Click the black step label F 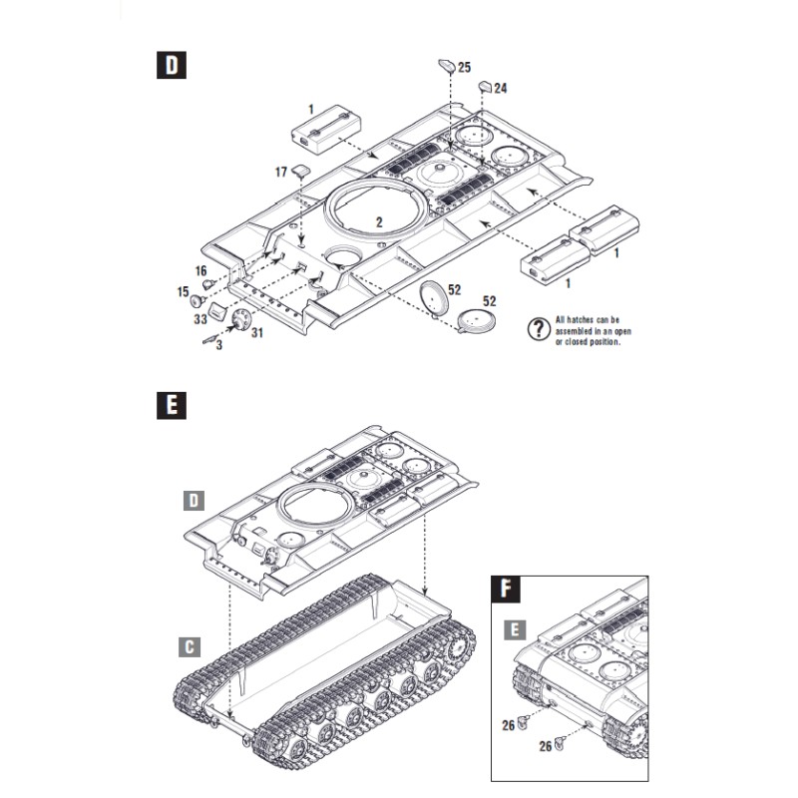tap(508, 590)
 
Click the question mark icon tap(541, 330)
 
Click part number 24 tap(500, 89)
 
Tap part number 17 tap(281, 173)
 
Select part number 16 tap(200, 271)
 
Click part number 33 tap(199, 319)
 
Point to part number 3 tap(218, 344)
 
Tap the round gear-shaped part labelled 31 tap(239, 318)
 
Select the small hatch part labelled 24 tap(483, 86)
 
